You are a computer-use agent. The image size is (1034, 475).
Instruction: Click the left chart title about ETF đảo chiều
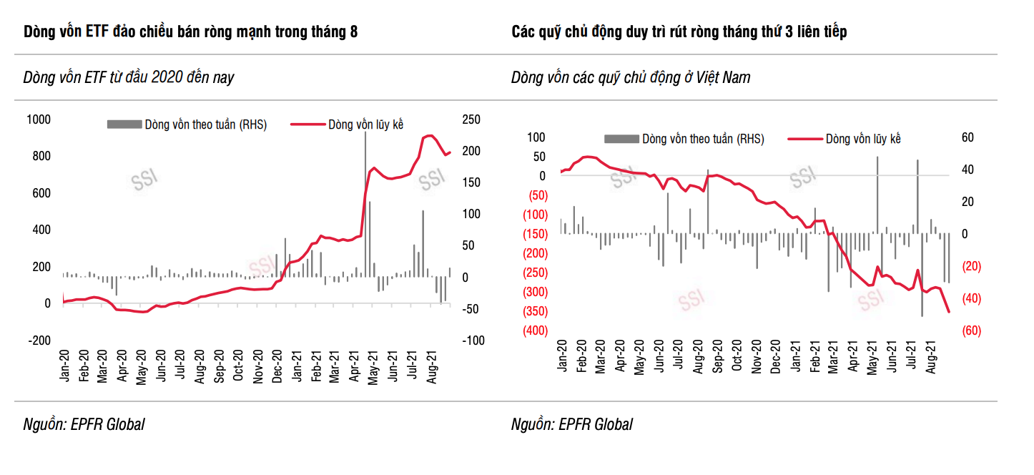point(191,32)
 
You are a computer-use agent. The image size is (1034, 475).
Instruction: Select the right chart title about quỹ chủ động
point(679,32)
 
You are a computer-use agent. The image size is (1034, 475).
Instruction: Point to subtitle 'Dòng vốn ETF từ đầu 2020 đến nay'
point(129,77)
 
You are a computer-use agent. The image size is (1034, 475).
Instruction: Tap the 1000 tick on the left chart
point(39,119)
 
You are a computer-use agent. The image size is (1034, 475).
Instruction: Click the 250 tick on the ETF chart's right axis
point(471,119)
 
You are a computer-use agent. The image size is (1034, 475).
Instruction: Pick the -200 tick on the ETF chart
point(39,341)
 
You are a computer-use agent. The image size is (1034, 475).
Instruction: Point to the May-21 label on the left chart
point(372,366)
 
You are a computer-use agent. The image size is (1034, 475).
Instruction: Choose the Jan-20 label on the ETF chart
point(65,366)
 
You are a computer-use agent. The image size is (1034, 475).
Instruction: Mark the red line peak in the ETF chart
point(430,135)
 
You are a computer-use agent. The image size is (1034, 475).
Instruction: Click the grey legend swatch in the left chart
point(124,124)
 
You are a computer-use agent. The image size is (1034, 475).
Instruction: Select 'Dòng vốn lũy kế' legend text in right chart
point(862,139)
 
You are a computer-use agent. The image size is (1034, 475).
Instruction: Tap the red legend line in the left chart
point(307,124)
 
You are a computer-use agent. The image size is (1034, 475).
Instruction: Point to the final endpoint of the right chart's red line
point(949,312)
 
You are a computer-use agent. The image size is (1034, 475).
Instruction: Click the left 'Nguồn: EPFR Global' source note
point(84,424)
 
